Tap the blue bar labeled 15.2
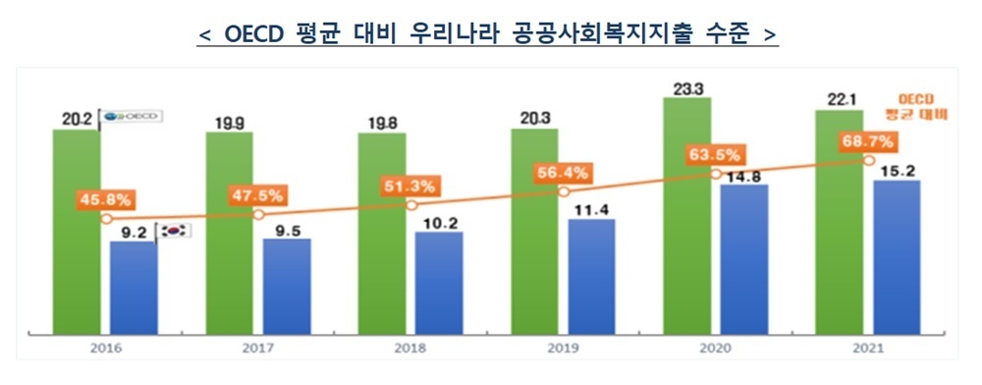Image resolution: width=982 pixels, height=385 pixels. (x=896, y=255)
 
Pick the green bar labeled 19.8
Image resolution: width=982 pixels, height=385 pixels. (x=382, y=236)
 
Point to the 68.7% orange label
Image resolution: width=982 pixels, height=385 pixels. (x=866, y=143)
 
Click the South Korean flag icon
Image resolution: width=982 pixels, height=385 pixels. (x=176, y=231)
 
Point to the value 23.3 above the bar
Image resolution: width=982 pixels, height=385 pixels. (x=687, y=89)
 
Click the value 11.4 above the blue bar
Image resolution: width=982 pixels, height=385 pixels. (x=591, y=208)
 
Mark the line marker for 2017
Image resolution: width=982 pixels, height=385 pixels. (x=258, y=214)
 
